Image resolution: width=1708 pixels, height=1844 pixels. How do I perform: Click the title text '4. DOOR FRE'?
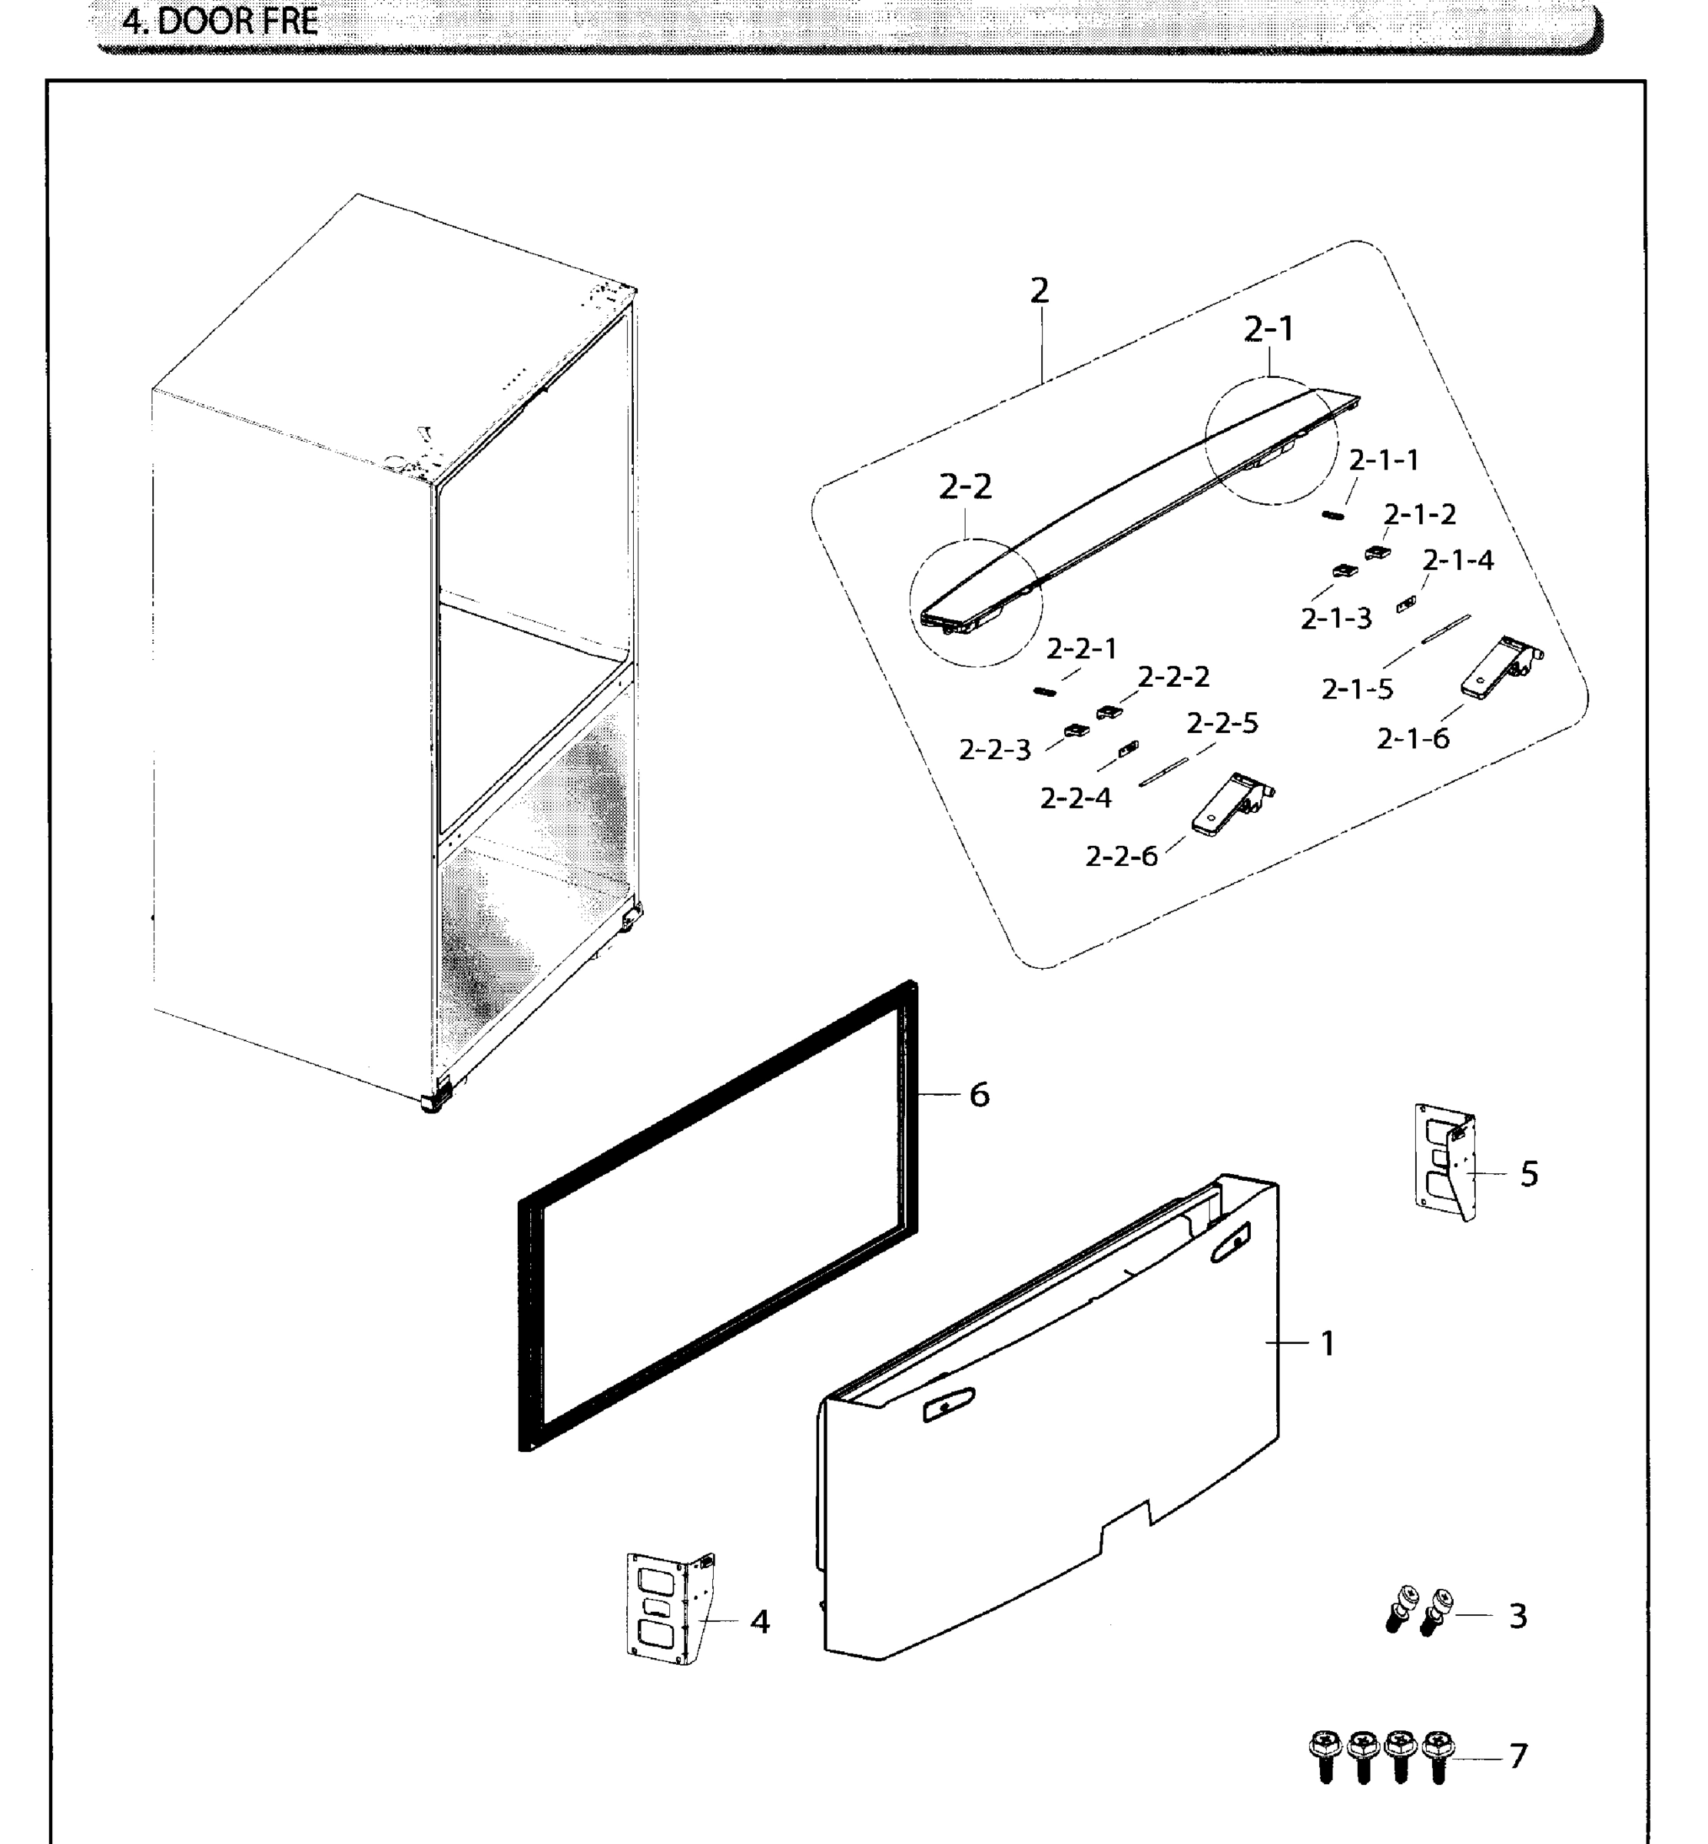(x=220, y=20)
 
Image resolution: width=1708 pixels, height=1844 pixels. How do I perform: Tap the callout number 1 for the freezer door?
(x=1327, y=1343)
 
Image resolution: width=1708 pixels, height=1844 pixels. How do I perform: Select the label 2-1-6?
(x=1412, y=738)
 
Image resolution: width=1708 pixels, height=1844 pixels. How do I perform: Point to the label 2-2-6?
(x=1120, y=856)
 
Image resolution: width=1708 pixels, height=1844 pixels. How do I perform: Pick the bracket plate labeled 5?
(x=1445, y=1162)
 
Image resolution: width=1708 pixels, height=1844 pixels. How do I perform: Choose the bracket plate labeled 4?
(x=669, y=1609)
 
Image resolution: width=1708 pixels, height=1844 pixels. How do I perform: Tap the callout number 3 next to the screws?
(x=1517, y=1616)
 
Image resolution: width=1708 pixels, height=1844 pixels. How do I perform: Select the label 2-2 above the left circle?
(x=965, y=486)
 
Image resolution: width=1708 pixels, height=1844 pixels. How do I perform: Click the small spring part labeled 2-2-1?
(x=1043, y=691)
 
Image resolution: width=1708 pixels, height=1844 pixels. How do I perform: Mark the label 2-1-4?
(x=1457, y=560)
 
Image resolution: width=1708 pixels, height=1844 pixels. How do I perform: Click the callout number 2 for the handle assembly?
(x=1040, y=291)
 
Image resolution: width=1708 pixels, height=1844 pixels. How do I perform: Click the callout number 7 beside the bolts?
(x=1517, y=1756)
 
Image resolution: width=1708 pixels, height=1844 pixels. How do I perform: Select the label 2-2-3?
(x=993, y=750)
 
